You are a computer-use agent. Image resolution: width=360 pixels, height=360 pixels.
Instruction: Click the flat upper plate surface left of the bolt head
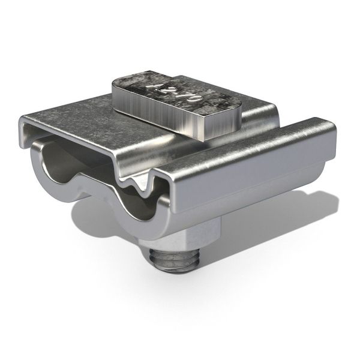coord(78,117)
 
